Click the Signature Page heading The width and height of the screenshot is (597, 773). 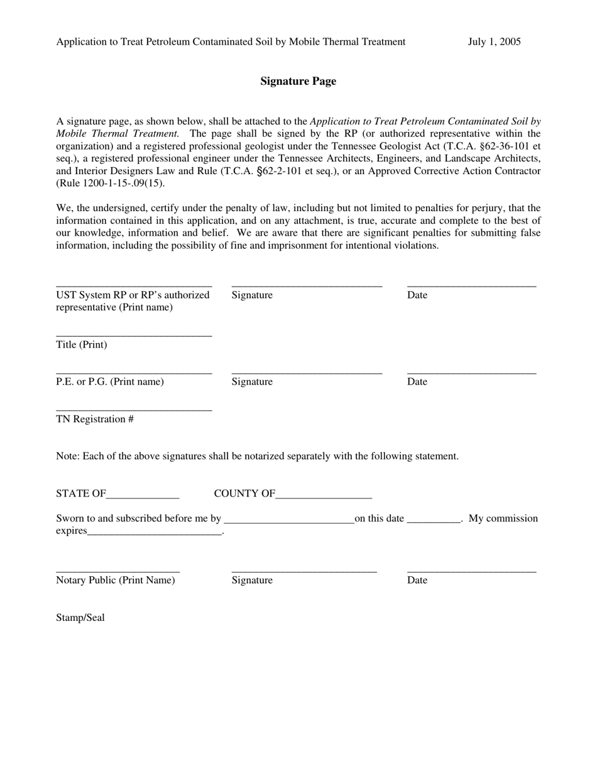pos(298,81)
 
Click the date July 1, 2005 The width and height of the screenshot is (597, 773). pos(494,42)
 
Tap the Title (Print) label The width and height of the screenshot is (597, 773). pos(82,345)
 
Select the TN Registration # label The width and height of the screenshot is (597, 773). pos(95,419)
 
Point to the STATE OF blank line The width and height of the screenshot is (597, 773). pos(143,498)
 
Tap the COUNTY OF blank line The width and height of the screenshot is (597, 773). pos(324,498)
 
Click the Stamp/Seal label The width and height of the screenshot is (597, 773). pos(80,618)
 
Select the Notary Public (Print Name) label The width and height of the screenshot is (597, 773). pos(116,580)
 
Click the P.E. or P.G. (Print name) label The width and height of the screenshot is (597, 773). pos(110,382)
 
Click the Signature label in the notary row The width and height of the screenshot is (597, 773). pos(252,580)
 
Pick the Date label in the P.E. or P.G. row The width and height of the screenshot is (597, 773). pos(417,382)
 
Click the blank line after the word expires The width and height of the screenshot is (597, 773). pos(155,535)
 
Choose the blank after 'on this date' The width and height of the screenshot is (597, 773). pos(434,522)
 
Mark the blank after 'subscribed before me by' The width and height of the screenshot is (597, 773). pos(288,522)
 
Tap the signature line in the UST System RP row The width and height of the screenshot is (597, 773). pos(307,287)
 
